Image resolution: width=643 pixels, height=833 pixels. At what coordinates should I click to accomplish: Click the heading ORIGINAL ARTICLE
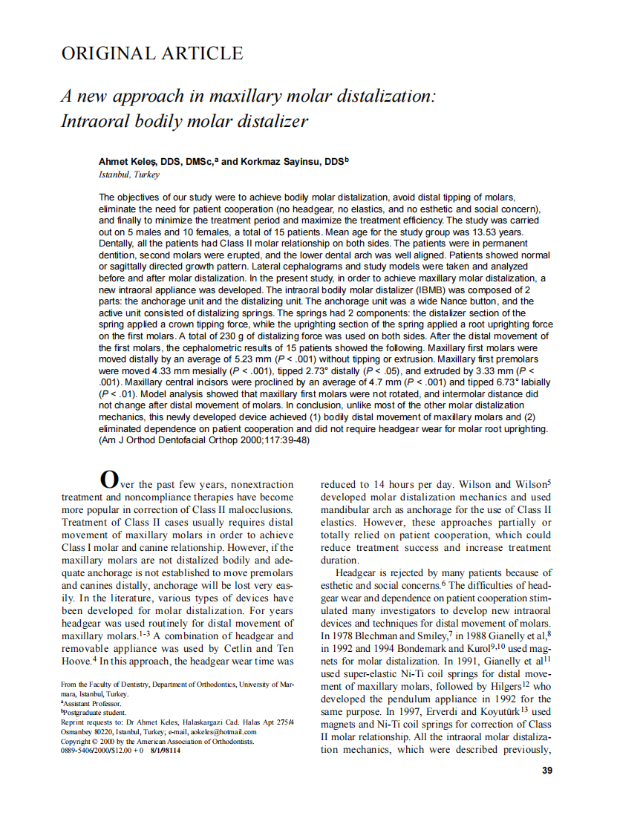coord(151,54)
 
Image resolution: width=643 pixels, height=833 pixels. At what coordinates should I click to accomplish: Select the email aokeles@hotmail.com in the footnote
coord(222,731)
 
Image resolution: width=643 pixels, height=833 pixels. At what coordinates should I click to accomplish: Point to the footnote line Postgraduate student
coord(94,712)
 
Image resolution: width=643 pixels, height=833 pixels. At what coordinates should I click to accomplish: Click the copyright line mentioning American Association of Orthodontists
coord(157,741)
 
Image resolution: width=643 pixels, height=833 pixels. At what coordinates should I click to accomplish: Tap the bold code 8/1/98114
coord(165,751)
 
